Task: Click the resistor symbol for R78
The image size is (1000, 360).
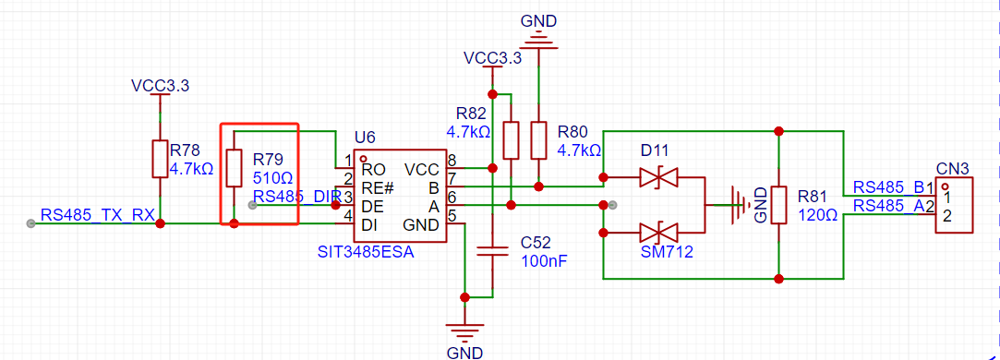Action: [x=160, y=160]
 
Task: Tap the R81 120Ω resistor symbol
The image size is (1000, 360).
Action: [x=779, y=204]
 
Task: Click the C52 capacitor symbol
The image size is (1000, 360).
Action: [x=492, y=251]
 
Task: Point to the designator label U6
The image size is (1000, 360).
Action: [x=365, y=138]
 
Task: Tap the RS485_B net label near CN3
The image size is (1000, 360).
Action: [x=888, y=187]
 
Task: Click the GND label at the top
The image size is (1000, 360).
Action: [x=538, y=20]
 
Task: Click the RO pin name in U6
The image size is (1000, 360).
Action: [x=374, y=170]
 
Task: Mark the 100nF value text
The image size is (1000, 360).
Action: [x=544, y=260]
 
